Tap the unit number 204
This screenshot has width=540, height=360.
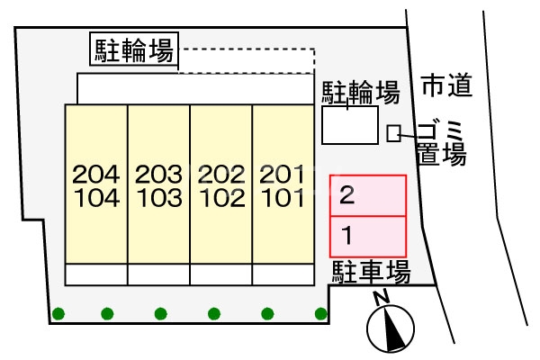[x=95, y=172]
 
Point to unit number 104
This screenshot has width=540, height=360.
[x=95, y=197]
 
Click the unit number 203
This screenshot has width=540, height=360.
[x=157, y=172]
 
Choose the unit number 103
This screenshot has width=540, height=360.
[x=157, y=197]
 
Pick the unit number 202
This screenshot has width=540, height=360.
[x=220, y=172]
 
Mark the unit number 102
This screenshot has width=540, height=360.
[x=220, y=197]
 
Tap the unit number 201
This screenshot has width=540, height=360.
[x=281, y=172]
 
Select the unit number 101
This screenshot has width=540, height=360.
[x=281, y=197]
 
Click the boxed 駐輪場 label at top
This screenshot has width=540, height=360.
[x=134, y=49]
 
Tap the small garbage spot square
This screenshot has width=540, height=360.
[x=393, y=133]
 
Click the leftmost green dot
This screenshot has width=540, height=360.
[x=58, y=313]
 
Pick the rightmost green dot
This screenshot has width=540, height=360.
[x=320, y=313]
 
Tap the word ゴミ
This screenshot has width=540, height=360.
[x=441, y=128]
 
